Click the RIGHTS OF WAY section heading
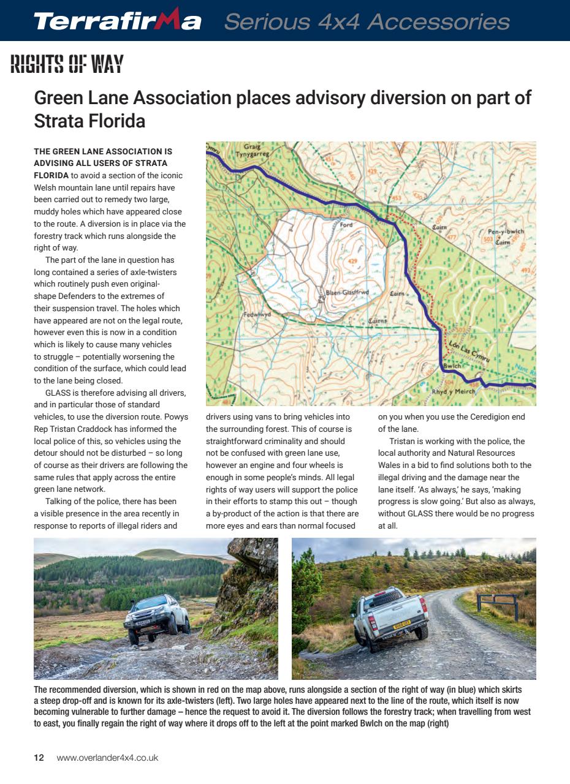[67, 64]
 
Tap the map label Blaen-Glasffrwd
[346, 293]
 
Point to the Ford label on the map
[346, 225]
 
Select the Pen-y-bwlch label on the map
[506, 232]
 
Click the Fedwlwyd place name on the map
[257, 314]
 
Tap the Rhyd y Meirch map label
[453, 391]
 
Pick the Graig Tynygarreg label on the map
[256, 151]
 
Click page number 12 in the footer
[39, 758]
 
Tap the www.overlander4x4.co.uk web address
[107, 758]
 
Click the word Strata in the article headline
[59, 121]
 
